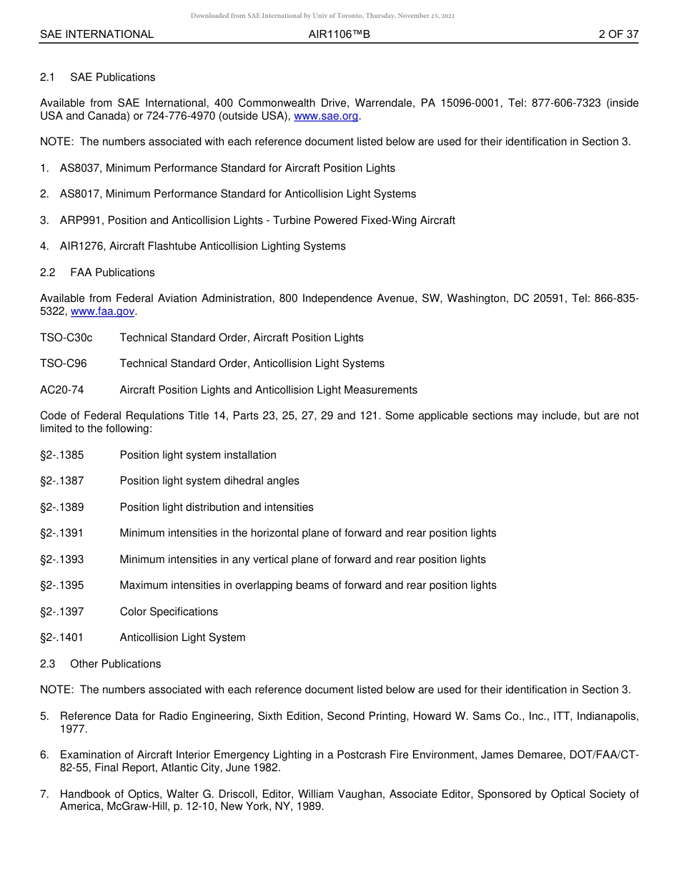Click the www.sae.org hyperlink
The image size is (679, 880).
(x=326, y=116)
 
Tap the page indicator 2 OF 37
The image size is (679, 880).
(x=618, y=34)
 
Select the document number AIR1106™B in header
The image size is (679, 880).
(x=339, y=34)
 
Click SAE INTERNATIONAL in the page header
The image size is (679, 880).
(x=96, y=34)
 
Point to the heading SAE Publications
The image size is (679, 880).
(x=112, y=77)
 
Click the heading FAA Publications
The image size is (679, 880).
(x=112, y=273)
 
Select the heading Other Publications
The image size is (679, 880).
(x=115, y=664)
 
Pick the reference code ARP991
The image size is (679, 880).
(x=79, y=220)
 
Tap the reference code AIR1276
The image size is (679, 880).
(x=80, y=246)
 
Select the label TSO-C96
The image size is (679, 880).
(x=64, y=363)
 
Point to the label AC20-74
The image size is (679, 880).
(x=62, y=390)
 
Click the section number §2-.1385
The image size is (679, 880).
(x=62, y=455)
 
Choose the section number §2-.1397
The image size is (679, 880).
(x=62, y=612)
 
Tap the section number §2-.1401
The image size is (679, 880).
(x=62, y=637)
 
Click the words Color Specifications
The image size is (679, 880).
(x=169, y=612)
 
